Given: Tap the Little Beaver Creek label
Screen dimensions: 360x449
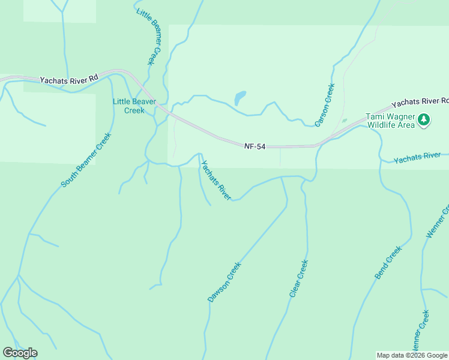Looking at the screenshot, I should click(x=134, y=106).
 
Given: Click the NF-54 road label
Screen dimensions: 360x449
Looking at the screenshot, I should click(x=255, y=146).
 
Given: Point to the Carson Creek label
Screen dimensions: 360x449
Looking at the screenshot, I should click(x=325, y=105).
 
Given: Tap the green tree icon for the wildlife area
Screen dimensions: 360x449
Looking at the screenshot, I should click(x=424, y=120).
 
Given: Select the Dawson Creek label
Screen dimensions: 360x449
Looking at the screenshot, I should click(x=224, y=281).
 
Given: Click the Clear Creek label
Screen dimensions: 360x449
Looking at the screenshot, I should click(x=298, y=278).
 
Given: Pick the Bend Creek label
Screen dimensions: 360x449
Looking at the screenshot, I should click(x=388, y=263).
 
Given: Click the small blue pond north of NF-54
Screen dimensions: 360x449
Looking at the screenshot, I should click(x=240, y=97).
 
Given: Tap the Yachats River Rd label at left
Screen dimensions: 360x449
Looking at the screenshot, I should click(x=68, y=79).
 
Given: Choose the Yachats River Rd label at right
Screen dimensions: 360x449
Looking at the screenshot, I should click(x=420, y=101).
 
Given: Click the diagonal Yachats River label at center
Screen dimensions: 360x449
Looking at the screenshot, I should click(x=216, y=180).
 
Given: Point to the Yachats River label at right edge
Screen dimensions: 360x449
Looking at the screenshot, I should click(x=417, y=157).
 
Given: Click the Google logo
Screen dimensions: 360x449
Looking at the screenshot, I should click(x=20, y=353).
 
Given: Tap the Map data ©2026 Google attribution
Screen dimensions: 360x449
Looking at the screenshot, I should click(x=412, y=355).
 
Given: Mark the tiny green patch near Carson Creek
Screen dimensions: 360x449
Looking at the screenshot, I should click(x=344, y=121).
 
